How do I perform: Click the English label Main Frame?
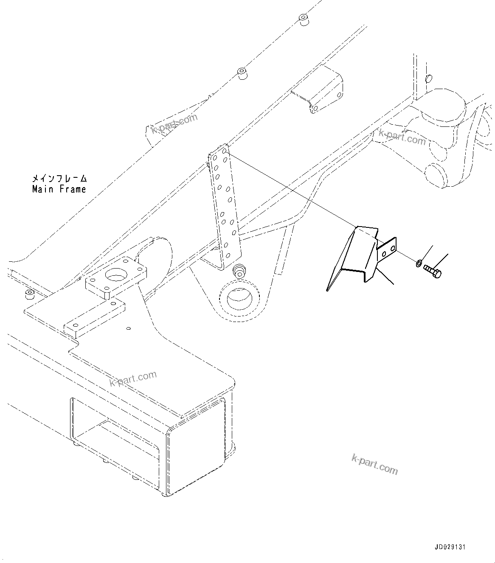(x=59, y=189)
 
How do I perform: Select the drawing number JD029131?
(x=450, y=547)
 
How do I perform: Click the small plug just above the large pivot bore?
(x=240, y=270)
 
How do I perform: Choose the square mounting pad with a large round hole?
(x=115, y=277)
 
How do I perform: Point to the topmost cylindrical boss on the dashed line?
(x=303, y=20)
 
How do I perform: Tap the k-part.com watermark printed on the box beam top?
(x=133, y=379)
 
